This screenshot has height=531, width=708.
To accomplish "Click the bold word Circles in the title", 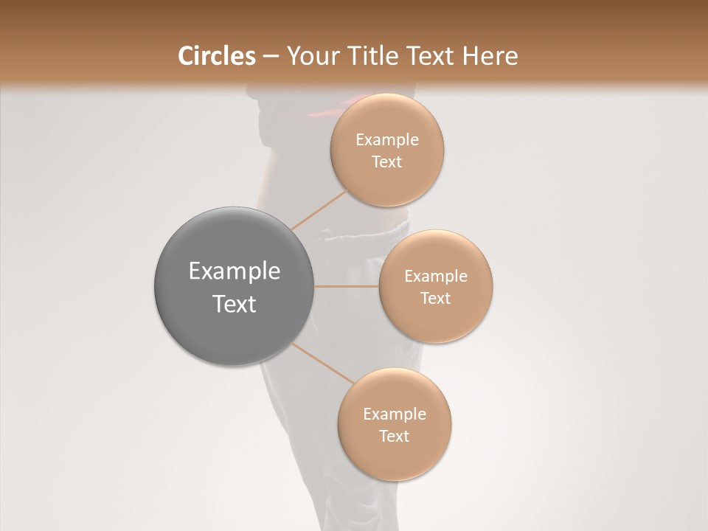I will [x=216, y=56].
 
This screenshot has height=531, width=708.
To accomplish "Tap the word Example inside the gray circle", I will [x=235, y=271].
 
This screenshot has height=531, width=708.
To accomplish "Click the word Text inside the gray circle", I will [x=235, y=304].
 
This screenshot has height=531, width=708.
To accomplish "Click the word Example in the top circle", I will [x=386, y=140].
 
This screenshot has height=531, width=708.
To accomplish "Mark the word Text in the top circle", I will [x=386, y=162].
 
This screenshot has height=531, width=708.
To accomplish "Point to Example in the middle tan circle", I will [x=436, y=277].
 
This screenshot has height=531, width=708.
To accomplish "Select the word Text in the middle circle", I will [x=436, y=299].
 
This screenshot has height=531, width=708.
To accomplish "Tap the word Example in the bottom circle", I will [x=394, y=414].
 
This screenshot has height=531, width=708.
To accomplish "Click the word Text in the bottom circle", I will [x=394, y=437].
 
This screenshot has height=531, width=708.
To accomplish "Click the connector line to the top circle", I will [x=319, y=210].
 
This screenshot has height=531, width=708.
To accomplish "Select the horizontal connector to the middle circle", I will [x=347, y=286].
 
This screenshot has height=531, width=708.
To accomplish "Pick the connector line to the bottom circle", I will [x=323, y=363].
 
